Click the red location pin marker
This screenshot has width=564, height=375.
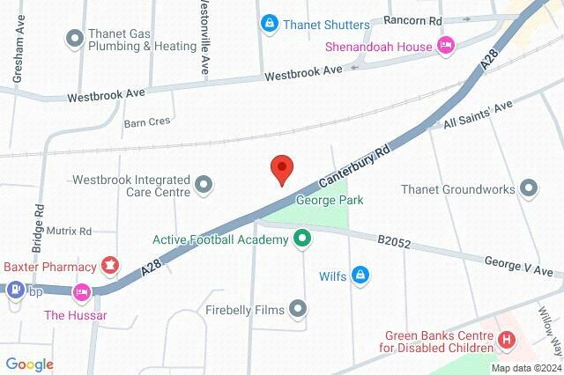[x=281, y=168]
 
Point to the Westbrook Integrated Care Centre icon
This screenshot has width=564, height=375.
[x=204, y=184]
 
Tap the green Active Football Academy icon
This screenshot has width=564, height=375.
[x=303, y=238]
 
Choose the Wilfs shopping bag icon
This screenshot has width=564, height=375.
[x=359, y=276]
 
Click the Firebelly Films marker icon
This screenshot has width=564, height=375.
[x=299, y=308]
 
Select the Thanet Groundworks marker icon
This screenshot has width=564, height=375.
[x=529, y=187]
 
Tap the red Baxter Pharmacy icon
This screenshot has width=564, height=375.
[x=110, y=262]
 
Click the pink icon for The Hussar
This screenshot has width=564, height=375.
[x=82, y=290]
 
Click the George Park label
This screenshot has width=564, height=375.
[x=330, y=201]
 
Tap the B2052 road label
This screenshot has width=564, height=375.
[x=395, y=239]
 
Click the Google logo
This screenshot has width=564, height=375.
[x=29, y=364]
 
